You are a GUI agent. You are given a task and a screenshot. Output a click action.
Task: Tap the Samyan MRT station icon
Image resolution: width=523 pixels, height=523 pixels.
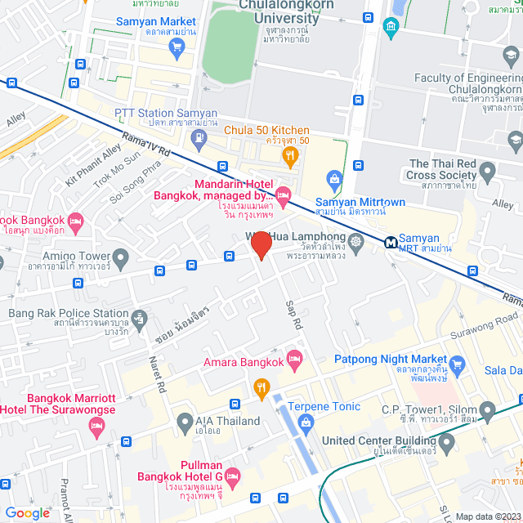[x=391, y=242]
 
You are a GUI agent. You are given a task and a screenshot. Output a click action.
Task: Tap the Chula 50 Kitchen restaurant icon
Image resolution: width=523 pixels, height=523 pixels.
[x=288, y=155]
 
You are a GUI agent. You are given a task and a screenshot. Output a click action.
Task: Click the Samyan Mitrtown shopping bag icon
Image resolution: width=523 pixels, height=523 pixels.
[x=333, y=178]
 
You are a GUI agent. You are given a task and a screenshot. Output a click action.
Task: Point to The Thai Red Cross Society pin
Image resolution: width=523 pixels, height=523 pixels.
[x=488, y=172]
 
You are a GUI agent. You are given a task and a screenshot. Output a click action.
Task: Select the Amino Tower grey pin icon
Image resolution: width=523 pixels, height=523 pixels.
[x=121, y=261]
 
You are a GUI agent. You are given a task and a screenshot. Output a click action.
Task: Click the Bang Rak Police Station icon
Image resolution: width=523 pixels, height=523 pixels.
[x=140, y=317]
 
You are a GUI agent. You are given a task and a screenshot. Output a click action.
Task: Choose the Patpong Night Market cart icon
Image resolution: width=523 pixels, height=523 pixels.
[x=457, y=365]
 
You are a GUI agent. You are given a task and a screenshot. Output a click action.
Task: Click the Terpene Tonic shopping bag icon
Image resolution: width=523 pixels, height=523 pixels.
[x=306, y=422]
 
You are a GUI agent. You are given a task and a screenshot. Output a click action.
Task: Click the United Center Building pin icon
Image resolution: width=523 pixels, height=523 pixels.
[x=446, y=445]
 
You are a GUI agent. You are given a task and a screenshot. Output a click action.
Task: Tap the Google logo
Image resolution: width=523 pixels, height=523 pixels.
[x=27, y=512]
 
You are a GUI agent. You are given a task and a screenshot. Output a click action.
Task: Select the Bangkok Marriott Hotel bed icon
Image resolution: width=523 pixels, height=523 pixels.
[x=97, y=426]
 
